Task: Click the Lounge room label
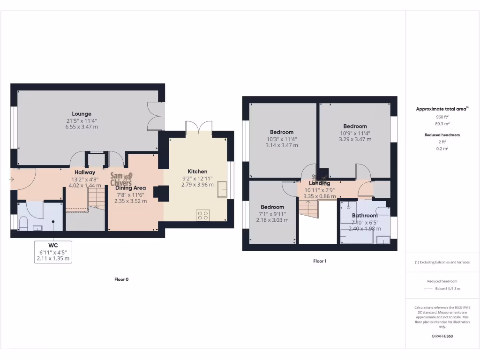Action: [82, 114]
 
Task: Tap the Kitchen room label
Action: [197, 172]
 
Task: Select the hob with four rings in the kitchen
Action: [203, 215]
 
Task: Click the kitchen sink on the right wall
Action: [221, 189]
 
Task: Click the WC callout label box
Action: [53, 252]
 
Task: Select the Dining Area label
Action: [131, 188]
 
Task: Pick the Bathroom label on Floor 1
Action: [365, 216]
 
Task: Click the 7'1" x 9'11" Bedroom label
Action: [272, 213]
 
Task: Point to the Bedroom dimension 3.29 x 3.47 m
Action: [355, 139]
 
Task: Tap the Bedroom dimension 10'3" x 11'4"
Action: [282, 139]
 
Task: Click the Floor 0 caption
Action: [121, 279]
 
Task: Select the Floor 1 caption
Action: [320, 261]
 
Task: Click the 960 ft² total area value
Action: [442, 117]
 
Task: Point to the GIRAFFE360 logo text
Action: [442, 336]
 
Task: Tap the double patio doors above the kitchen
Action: [199, 127]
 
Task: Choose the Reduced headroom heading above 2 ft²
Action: [442, 135]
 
